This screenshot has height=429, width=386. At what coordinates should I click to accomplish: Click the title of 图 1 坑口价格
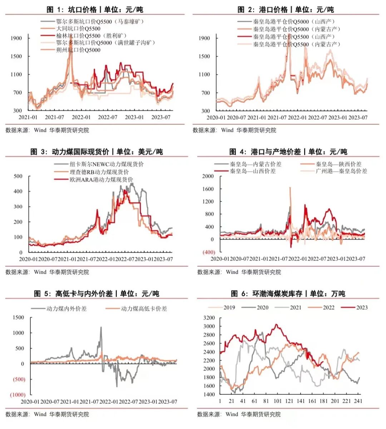click(x=95, y=10)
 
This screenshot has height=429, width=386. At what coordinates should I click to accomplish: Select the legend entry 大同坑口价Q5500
click(x=78, y=29)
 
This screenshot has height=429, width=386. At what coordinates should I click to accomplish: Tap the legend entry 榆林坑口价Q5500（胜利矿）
click(x=91, y=36)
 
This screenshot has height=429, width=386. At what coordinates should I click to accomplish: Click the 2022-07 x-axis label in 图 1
click(x=108, y=117)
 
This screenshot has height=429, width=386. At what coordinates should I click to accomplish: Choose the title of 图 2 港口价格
click(x=286, y=10)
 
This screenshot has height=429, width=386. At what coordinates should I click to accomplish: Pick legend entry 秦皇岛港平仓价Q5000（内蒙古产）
click(x=296, y=29)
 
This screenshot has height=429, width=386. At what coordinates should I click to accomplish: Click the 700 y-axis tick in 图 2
click(x=204, y=93)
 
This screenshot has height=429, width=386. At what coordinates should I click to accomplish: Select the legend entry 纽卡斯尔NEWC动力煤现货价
click(x=107, y=164)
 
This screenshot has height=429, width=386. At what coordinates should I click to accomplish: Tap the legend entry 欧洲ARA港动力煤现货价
click(x=101, y=179)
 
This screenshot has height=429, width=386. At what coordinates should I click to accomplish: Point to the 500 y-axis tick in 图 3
click(x=18, y=176)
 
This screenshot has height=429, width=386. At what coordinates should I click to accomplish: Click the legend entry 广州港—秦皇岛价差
click(x=341, y=171)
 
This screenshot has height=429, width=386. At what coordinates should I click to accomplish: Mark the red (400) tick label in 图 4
click(x=209, y=252)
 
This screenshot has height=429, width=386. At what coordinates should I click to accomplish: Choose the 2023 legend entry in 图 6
click(x=361, y=307)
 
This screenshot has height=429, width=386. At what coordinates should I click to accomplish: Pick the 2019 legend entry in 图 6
click(x=229, y=307)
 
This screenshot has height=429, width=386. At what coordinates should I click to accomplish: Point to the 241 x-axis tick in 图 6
click(x=358, y=401)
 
